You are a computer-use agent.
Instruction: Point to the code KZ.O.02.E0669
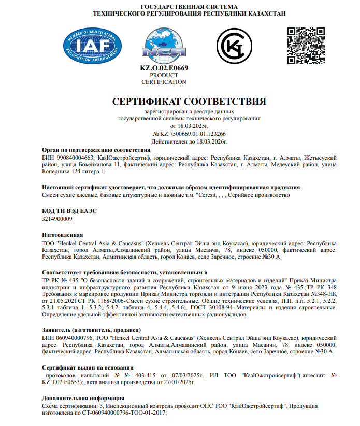point(164,68)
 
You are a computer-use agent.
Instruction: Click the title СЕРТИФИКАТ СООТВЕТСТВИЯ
point(189,101)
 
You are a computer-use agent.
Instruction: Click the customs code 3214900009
point(57,219)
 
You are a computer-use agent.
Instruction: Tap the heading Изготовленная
point(62,235)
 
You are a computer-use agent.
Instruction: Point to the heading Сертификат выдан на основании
point(84,366)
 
